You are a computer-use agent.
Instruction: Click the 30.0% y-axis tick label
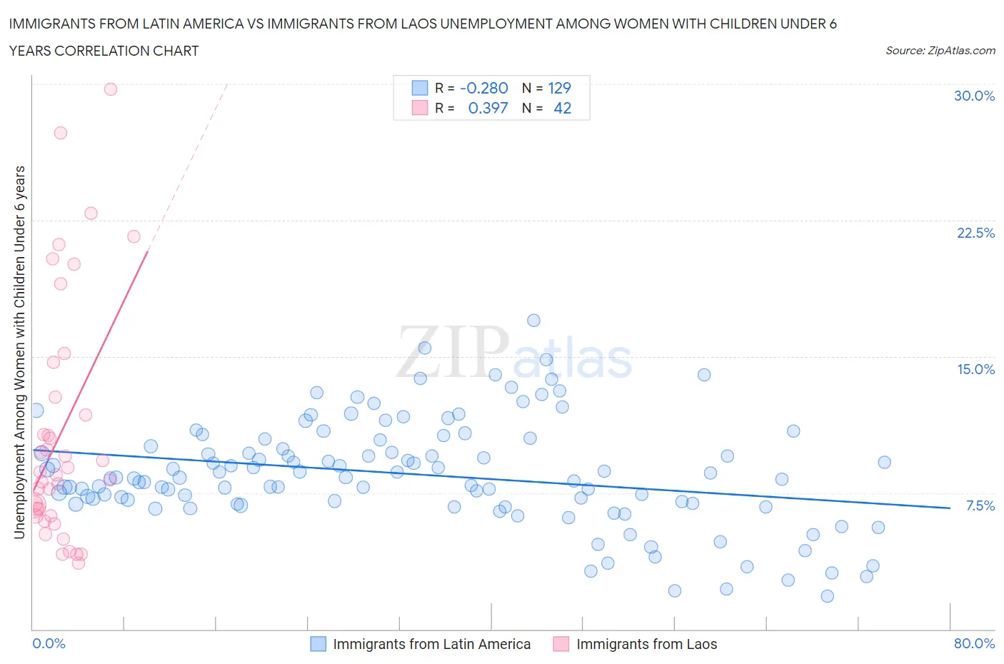(x=974, y=96)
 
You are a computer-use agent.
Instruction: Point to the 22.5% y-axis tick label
(x=975, y=233)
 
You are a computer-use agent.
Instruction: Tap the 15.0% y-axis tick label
(x=975, y=369)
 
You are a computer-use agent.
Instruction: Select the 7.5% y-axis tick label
(x=980, y=505)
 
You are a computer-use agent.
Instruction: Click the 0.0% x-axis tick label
(x=49, y=643)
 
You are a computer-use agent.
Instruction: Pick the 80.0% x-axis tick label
(x=974, y=643)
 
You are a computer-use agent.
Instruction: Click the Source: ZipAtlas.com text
(x=940, y=51)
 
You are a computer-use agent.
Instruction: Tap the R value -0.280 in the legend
(x=483, y=88)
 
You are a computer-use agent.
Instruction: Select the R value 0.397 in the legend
(x=488, y=108)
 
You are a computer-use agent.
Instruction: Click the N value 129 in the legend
(x=559, y=88)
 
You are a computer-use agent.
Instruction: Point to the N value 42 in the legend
(x=562, y=108)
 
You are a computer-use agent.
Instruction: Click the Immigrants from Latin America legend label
(x=431, y=644)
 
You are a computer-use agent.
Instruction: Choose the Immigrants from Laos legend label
(x=646, y=644)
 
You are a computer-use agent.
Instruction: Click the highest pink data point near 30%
(x=111, y=89)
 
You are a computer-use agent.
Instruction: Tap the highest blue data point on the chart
(x=533, y=321)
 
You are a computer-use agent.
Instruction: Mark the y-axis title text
(x=19, y=352)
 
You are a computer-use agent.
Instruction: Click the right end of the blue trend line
(x=949, y=508)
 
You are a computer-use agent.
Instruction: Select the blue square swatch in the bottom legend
(x=318, y=644)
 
